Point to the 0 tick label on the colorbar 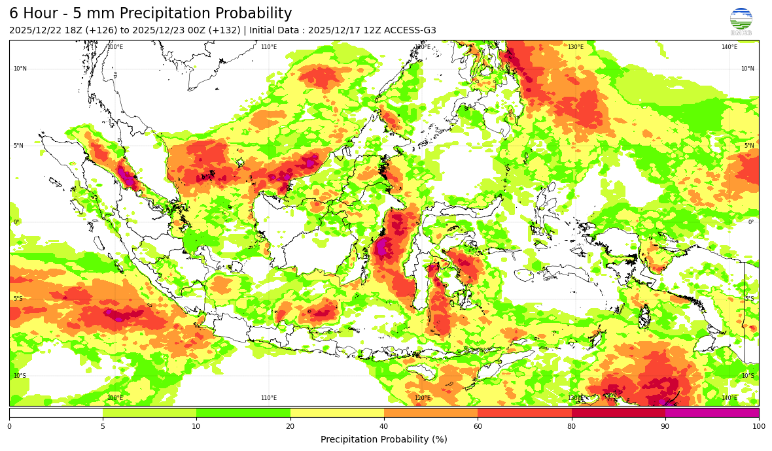tap(9, 427)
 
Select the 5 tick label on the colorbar tap(103, 427)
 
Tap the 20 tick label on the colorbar tap(290, 427)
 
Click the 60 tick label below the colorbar tap(478, 427)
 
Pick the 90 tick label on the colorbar tap(665, 427)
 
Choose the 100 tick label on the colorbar tap(758, 427)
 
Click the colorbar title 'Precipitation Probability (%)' tap(384, 439)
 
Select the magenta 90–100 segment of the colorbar tap(712, 412)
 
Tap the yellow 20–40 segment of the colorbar tap(337, 412)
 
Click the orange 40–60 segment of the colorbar tap(430, 412)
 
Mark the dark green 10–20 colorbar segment tap(243, 412)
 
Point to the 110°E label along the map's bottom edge tap(269, 398)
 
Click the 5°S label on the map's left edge tap(17, 299)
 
